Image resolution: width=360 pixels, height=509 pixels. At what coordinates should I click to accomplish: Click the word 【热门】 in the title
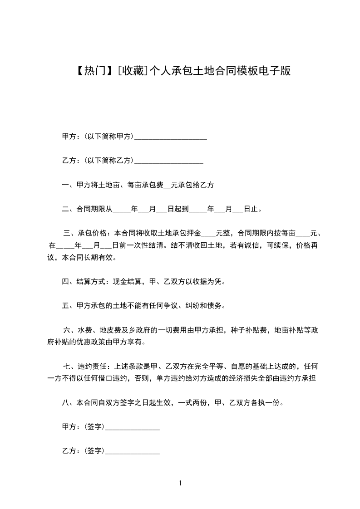click(x=92, y=71)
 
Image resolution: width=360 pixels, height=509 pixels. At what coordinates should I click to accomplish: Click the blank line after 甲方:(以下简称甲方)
click(x=171, y=137)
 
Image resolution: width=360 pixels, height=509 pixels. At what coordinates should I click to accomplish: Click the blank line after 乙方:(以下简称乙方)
click(x=169, y=161)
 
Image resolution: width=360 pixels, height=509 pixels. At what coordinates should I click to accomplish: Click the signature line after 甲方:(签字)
click(x=132, y=427)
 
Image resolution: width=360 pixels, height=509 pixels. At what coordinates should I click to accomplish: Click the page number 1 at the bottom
click(x=180, y=484)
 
